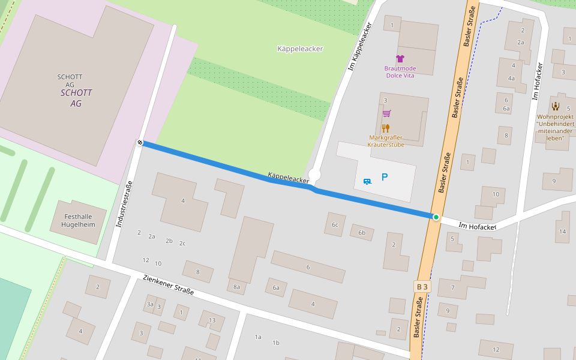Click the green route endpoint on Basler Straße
click(436, 217)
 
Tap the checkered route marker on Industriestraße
click(140, 143)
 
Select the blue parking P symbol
click(385, 177)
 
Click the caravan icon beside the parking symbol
click(367, 180)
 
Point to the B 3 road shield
click(422, 287)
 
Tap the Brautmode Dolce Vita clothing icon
click(400, 59)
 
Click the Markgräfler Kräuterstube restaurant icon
click(386, 128)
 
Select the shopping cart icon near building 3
click(386, 113)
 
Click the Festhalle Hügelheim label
click(78, 221)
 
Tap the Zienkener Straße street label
click(169, 285)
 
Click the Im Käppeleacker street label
click(361, 47)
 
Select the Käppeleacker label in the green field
click(300, 49)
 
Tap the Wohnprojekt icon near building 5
click(555, 106)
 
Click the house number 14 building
click(562, 231)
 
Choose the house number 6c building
click(335, 225)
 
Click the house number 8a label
click(236, 287)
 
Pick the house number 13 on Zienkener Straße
click(212, 320)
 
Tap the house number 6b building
click(361, 233)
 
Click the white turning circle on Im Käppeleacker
click(314, 175)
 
